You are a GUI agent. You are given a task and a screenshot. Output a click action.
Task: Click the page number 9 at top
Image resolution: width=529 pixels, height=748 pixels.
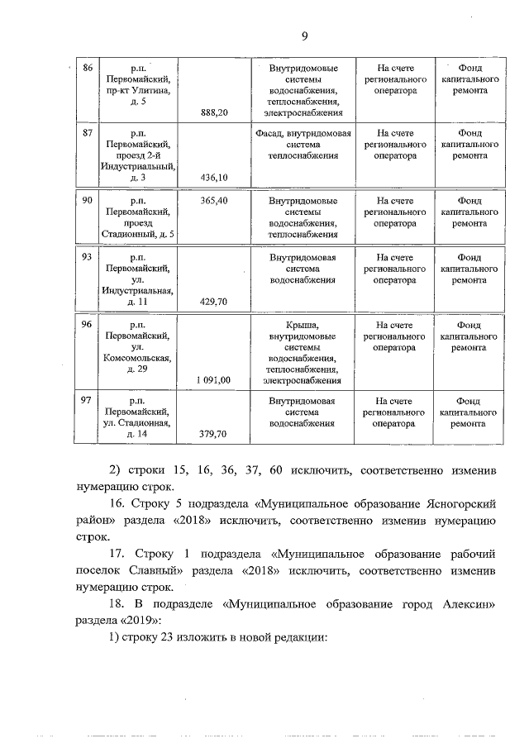pyautogui.click(x=305, y=36)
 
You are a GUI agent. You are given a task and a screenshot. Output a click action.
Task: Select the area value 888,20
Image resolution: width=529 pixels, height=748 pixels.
pyautogui.click(x=213, y=112)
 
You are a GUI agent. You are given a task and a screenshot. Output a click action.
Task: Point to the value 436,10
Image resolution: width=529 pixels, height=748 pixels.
pyautogui.click(x=213, y=177)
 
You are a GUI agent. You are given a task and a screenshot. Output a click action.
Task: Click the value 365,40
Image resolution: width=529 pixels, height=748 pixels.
pyautogui.click(x=213, y=200)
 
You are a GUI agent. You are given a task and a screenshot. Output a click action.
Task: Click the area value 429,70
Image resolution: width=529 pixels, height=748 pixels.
pyautogui.click(x=213, y=302)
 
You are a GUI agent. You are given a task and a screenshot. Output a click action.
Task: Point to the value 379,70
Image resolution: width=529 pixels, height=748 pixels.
pyautogui.click(x=213, y=433)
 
